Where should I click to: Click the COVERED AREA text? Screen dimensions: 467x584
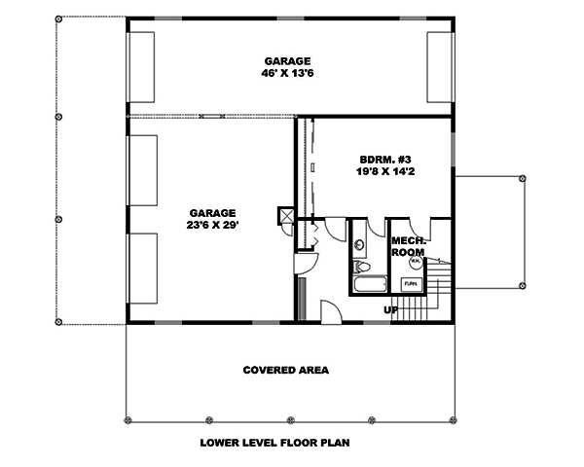coord(285,371)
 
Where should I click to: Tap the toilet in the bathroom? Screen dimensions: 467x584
coord(360,269)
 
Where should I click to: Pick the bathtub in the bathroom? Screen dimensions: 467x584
coord(369,286)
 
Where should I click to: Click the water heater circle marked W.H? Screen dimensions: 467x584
coord(414,261)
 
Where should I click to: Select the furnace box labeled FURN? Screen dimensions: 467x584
coord(411,284)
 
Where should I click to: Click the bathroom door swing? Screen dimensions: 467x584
coord(336,230)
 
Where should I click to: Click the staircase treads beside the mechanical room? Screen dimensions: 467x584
coord(439,292)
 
